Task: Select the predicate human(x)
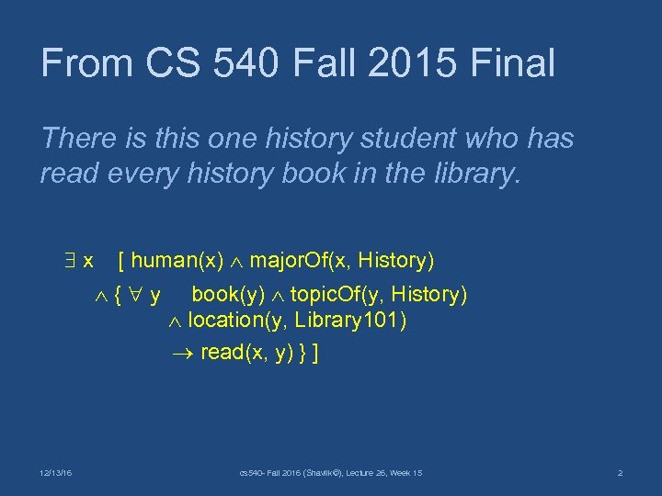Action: (x=179, y=261)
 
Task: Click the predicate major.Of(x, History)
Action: (x=342, y=261)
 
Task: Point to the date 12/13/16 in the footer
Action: (x=57, y=473)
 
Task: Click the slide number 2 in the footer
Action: (x=621, y=473)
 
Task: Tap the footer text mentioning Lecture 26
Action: (x=330, y=473)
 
